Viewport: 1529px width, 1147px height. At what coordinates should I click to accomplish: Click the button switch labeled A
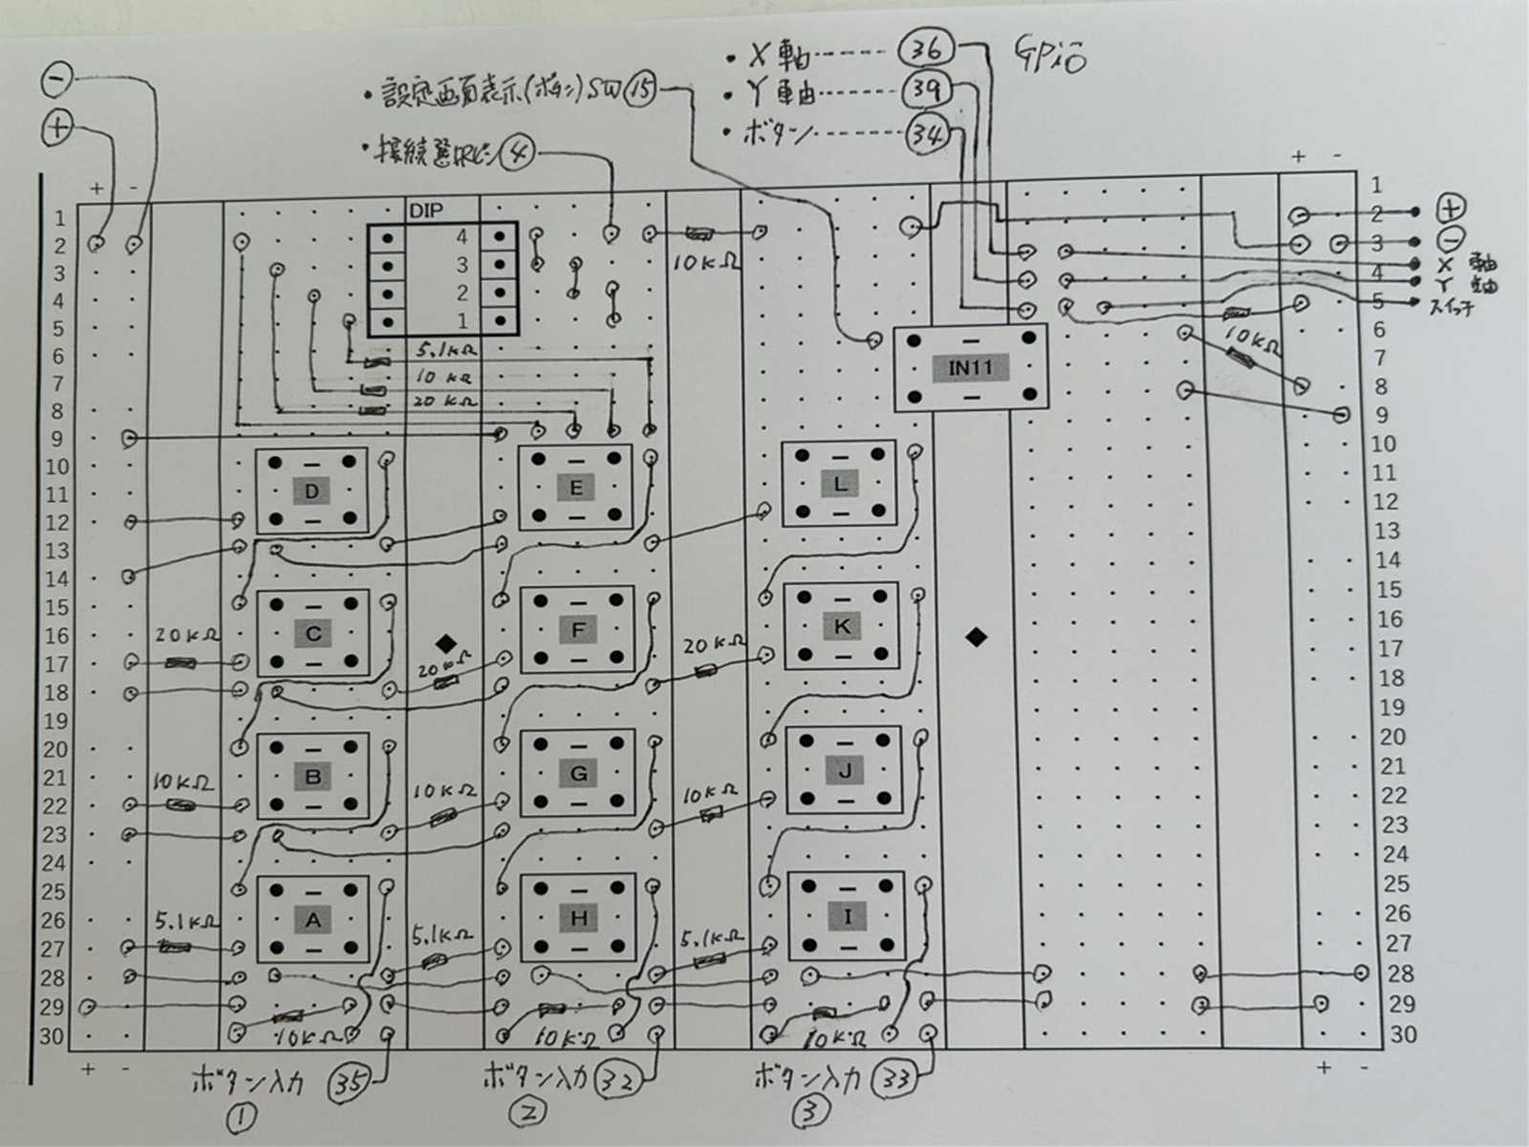pyautogui.click(x=312, y=920)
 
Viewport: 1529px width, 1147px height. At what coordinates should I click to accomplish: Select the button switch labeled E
pyautogui.click(x=575, y=487)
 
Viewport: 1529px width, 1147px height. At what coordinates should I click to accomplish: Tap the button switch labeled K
pyautogui.click(x=842, y=627)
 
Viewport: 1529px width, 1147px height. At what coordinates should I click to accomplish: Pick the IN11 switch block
pyautogui.click(x=971, y=368)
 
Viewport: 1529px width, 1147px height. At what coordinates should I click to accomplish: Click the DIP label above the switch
pyautogui.click(x=425, y=210)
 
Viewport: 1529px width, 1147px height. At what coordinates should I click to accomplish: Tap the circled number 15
pyautogui.click(x=642, y=92)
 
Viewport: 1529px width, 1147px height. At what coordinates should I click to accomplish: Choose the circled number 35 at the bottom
pyautogui.click(x=348, y=1083)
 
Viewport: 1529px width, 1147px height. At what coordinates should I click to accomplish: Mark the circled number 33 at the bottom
pyautogui.click(x=896, y=1080)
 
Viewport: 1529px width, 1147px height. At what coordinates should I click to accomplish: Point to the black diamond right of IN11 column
pyautogui.click(x=976, y=637)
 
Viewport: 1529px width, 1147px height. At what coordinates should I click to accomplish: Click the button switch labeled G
pyautogui.click(x=578, y=773)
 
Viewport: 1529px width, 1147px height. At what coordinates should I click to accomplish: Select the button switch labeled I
pyautogui.click(x=847, y=917)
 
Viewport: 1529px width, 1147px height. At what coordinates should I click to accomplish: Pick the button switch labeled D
pyautogui.click(x=312, y=492)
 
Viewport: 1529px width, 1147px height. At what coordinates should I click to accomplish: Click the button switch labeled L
pyautogui.click(x=839, y=484)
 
